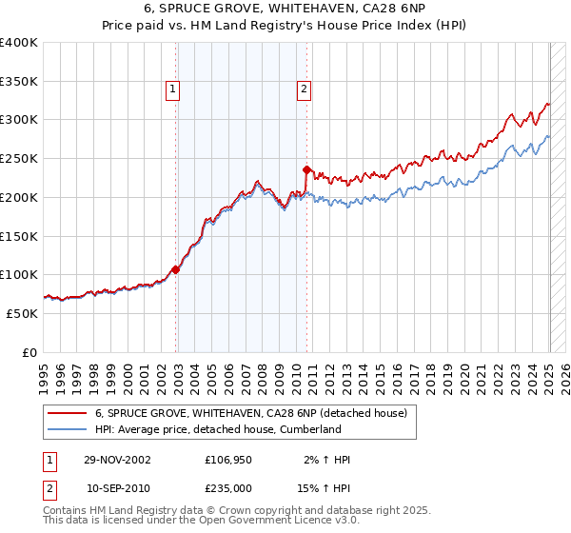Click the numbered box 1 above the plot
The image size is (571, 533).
tap(173, 90)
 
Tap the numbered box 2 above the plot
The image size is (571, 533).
tap(304, 90)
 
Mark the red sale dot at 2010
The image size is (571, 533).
tap(306, 170)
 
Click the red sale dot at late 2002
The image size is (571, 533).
tap(176, 269)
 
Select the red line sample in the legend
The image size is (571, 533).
tap(67, 413)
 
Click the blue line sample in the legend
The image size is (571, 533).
tap(67, 429)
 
